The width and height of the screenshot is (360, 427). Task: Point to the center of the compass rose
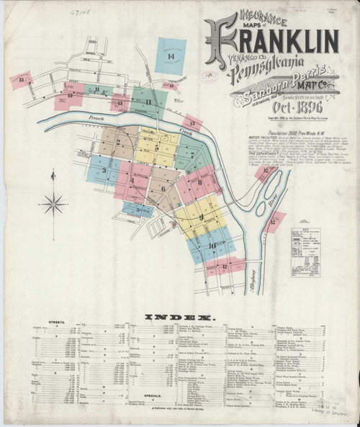53,204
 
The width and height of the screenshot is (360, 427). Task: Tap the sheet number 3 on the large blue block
105,171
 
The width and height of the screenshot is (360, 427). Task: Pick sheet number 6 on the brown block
163,189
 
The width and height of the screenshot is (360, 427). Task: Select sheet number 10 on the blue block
212,246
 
